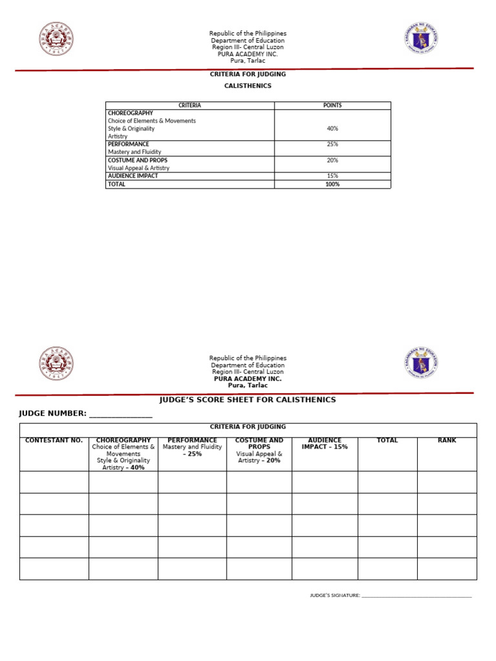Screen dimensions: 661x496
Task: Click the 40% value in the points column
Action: click(x=333, y=128)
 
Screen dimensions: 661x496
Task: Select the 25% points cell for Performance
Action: click(x=333, y=144)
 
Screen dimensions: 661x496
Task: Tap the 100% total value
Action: click(x=333, y=184)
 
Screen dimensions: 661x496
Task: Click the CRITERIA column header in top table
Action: click(x=190, y=105)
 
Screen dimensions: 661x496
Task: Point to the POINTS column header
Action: click(x=333, y=105)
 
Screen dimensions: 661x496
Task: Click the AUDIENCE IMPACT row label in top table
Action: click(x=133, y=176)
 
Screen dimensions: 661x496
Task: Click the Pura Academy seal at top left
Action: click(x=56, y=39)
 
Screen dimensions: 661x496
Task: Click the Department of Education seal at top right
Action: click(x=422, y=39)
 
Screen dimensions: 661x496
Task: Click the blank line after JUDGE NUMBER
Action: click(x=120, y=414)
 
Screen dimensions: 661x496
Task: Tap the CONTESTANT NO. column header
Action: click(x=54, y=440)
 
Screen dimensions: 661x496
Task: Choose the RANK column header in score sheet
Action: click(x=447, y=440)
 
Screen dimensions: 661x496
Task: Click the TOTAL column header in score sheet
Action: click(x=387, y=440)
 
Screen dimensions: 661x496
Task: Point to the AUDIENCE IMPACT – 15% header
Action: click(x=325, y=443)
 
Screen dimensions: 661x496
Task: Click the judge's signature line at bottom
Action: click(x=417, y=596)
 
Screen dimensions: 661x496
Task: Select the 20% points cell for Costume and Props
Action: click(x=333, y=160)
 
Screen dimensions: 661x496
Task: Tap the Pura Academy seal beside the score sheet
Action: click(x=56, y=363)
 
